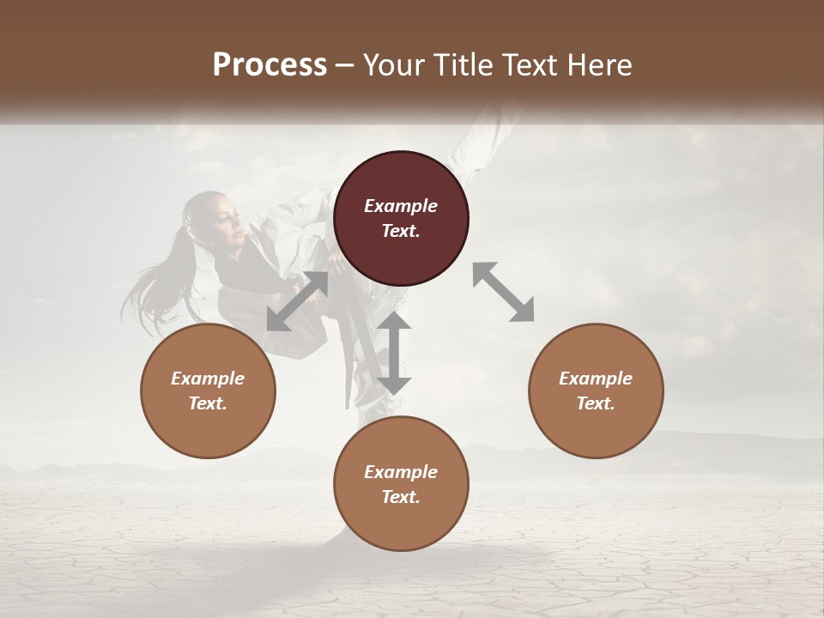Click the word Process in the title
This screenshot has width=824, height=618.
(270, 64)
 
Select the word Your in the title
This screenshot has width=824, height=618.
(392, 64)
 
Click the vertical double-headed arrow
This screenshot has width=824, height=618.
(394, 353)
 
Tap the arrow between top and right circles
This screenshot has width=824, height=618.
(503, 292)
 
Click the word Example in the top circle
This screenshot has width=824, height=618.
(401, 206)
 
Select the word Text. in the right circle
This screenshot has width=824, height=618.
(596, 403)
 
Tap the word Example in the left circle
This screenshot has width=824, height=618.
(208, 379)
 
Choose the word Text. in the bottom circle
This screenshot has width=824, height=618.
(401, 497)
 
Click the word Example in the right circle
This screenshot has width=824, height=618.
(596, 379)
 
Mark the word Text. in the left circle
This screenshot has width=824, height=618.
(208, 403)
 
